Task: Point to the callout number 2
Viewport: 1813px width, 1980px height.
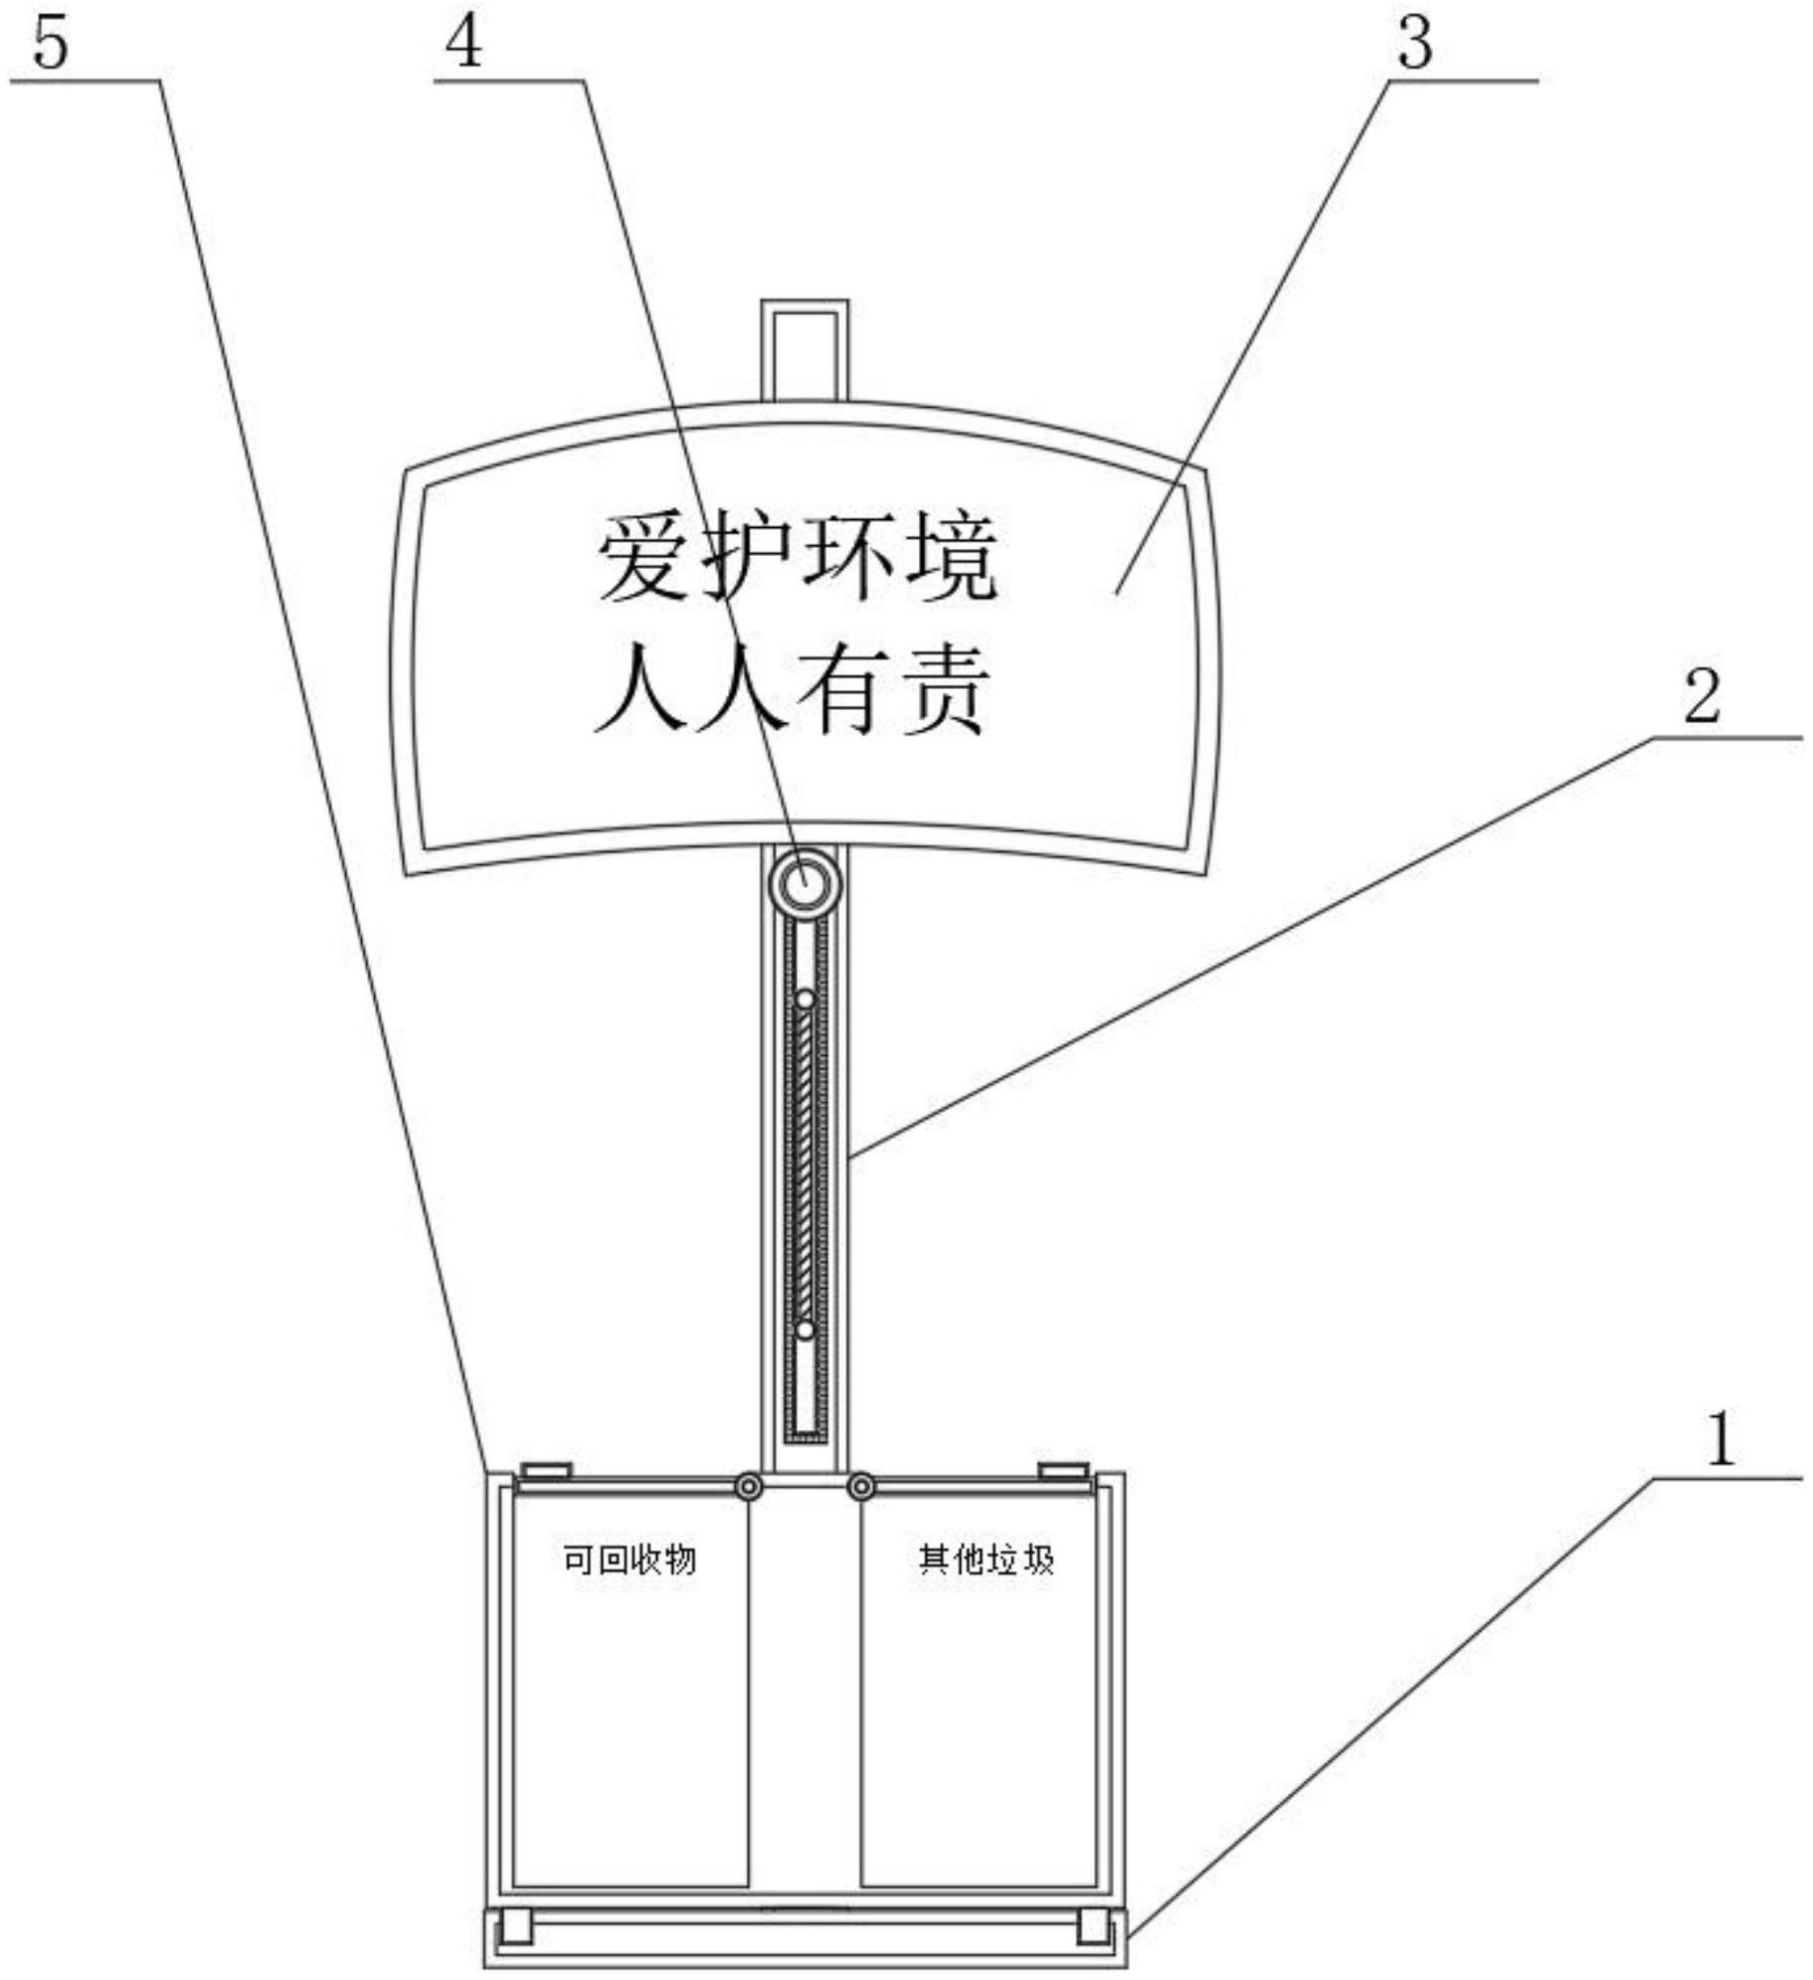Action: [x=1701, y=698]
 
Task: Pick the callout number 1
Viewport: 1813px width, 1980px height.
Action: [x=1721, y=1440]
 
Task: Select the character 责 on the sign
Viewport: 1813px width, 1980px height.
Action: [x=945, y=690]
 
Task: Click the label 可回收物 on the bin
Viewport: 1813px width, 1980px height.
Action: [x=630, y=1559]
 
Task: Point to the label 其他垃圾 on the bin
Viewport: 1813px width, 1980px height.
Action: [x=986, y=1559]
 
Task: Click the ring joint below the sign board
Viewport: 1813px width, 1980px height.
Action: [x=804, y=881]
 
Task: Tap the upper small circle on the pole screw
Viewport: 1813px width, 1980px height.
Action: [x=806, y=998]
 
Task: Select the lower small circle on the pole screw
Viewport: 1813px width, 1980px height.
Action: [x=806, y=1330]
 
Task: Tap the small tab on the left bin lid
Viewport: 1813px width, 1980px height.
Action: [x=546, y=1470]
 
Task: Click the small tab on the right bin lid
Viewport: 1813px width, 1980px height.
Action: [x=1063, y=1470]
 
